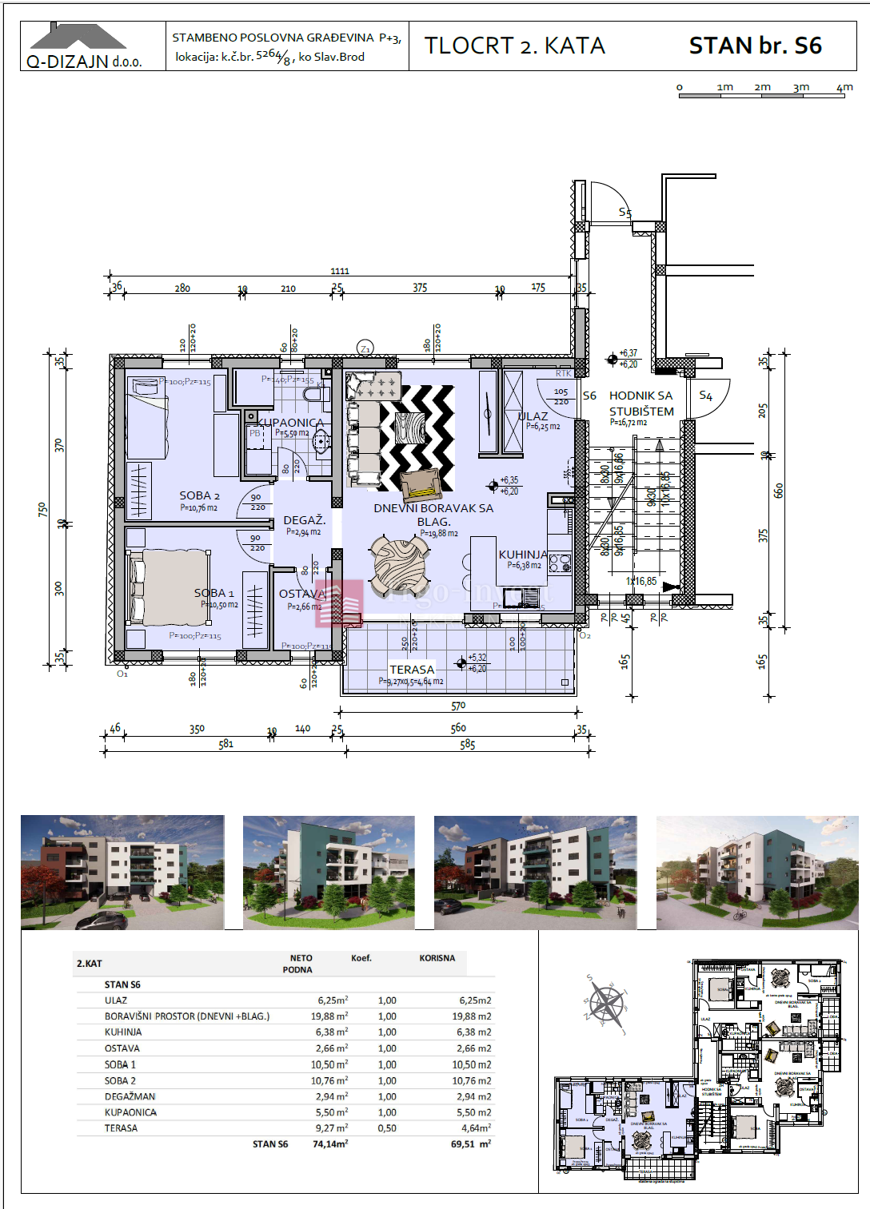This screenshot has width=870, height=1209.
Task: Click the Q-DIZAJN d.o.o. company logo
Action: coord(85,47)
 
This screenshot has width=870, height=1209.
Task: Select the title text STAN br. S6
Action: coord(755,46)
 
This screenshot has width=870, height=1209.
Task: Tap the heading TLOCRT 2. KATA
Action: coord(514,46)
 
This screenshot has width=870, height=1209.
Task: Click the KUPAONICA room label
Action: coord(290,423)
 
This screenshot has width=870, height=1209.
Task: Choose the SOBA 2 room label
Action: coord(199,495)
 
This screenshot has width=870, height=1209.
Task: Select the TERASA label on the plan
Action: coord(412,670)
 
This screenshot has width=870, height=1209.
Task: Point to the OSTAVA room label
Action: coord(302,594)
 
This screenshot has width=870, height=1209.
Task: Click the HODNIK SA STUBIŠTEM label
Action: coord(641,404)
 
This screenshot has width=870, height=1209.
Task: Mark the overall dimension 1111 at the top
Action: coord(340,272)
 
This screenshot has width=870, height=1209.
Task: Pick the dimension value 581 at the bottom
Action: coord(226,744)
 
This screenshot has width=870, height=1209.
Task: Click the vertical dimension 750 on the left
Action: coord(42,509)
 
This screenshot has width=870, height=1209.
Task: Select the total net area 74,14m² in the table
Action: coord(330,1144)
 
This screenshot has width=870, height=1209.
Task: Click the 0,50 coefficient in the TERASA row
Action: coord(387,1128)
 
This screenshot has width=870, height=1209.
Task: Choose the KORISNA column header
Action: coord(437,958)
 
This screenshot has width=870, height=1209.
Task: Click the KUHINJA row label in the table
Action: coord(123,1032)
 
